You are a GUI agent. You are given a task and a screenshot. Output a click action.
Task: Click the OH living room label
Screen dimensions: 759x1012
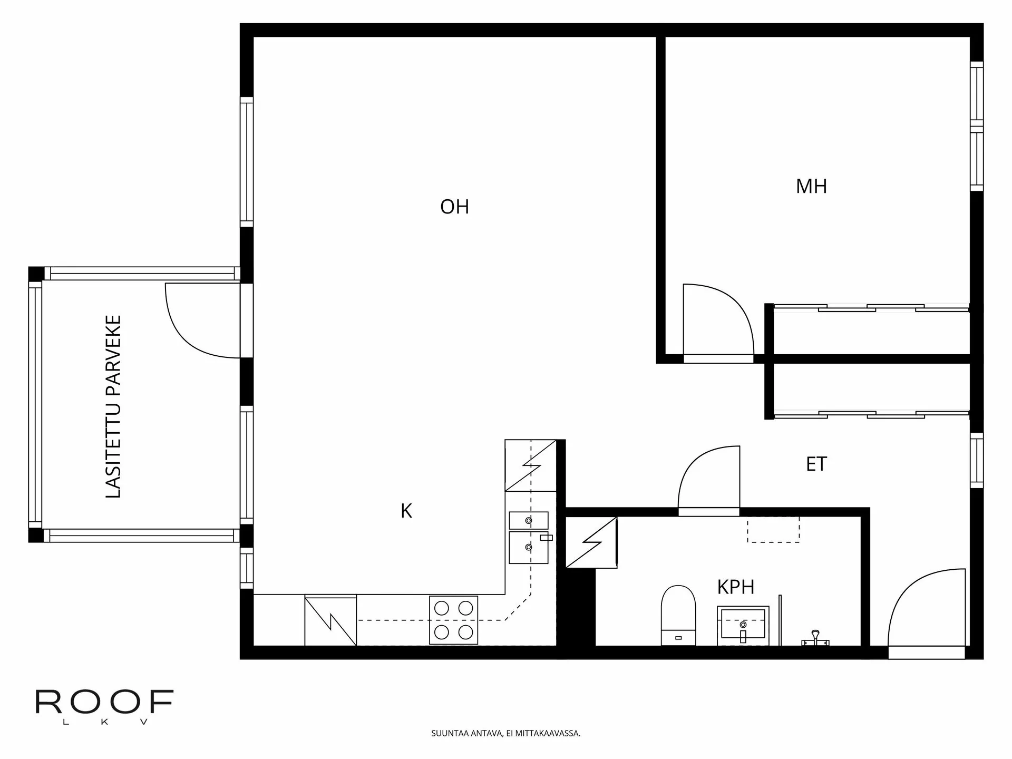pyautogui.click(x=454, y=207)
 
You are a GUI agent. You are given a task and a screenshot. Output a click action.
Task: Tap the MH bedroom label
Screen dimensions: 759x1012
pyautogui.click(x=811, y=187)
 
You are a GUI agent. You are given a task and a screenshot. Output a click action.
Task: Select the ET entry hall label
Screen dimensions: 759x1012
pyautogui.click(x=816, y=464)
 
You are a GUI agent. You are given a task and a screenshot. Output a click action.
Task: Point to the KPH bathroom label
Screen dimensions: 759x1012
pyautogui.click(x=735, y=587)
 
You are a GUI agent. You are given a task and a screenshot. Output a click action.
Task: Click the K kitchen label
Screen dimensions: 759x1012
pyautogui.click(x=406, y=511)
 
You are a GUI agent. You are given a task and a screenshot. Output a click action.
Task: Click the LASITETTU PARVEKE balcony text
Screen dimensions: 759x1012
pyautogui.click(x=113, y=406)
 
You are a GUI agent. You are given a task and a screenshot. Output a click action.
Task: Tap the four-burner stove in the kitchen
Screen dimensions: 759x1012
pyautogui.click(x=453, y=620)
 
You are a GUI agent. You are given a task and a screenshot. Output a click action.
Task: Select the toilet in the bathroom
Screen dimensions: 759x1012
pyautogui.click(x=678, y=615)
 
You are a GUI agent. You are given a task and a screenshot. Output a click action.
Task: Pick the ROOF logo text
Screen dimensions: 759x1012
pyautogui.click(x=104, y=702)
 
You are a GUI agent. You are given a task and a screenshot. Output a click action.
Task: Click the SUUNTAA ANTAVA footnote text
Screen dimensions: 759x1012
pyautogui.click(x=505, y=733)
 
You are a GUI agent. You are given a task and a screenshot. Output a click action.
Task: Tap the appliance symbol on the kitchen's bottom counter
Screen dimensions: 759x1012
pyautogui.click(x=330, y=620)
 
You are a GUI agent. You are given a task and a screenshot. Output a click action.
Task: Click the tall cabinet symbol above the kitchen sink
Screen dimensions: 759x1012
pyautogui.click(x=530, y=465)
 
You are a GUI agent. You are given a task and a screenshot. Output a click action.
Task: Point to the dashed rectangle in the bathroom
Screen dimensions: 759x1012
pyautogui.click(x=773, y=529)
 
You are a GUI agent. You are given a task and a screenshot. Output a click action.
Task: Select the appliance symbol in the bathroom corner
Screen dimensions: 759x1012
pyautogui.click(x=591, y=542)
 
